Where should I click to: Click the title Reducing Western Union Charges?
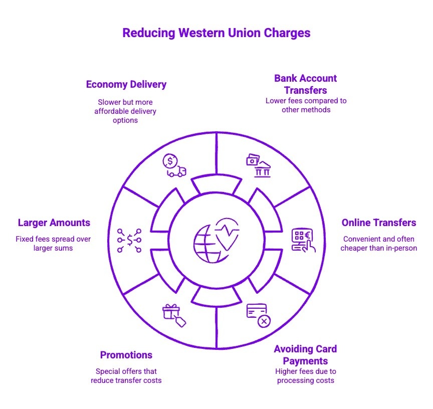tap(216, 33)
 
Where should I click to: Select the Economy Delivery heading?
tap(126, 84)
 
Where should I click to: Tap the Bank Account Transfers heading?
tap(305, 84)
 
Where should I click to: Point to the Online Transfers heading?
tap(378, 223)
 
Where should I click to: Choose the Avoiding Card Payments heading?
tap(305, 355)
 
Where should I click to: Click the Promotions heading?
tap(126, 355)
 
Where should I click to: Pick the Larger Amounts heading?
tap(54, 223)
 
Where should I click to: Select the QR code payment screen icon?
tap(303, 240)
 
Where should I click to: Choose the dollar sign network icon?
tap(129, 240)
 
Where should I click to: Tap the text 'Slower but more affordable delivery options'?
tap(125, 111)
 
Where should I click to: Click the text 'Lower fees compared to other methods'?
tap(306, 105)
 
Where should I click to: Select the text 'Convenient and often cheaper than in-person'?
tap(378, 244)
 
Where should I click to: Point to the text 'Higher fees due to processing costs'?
tap(305, 375)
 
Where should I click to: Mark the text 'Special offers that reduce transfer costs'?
tap(126, 375)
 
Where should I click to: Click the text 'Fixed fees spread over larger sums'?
tap(53, 244)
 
